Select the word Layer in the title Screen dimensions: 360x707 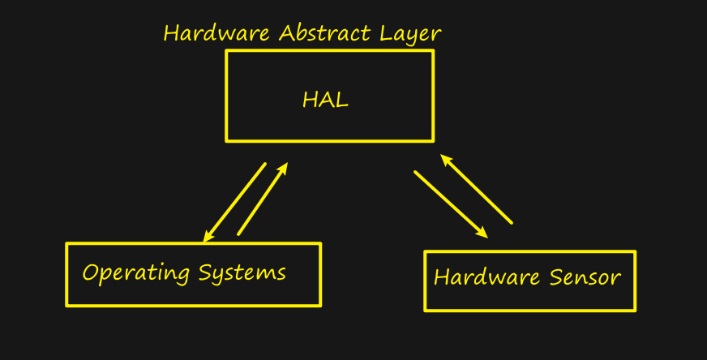click(411, 35)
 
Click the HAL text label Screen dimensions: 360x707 click(325, 101)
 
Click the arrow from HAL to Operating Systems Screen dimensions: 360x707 click(235, 202)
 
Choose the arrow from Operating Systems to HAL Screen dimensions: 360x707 click(263, 199)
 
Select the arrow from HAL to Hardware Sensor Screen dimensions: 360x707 click(450, 204)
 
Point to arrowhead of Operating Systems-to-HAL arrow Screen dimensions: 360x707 click(284, 168)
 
